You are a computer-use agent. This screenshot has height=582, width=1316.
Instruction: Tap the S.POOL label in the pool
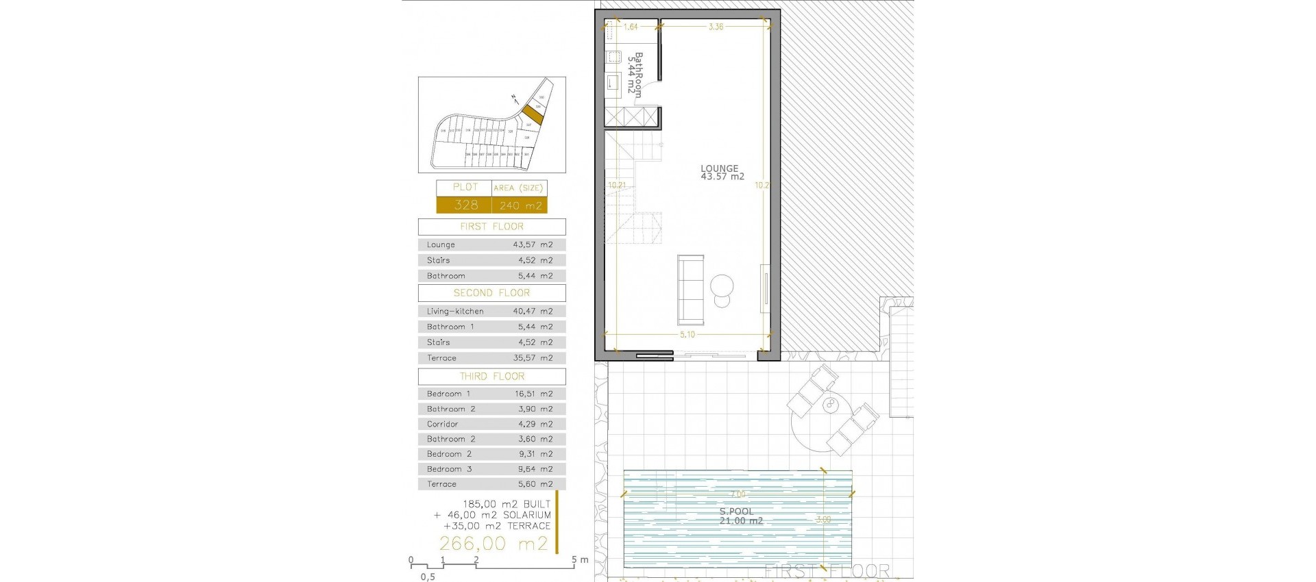click(x=736, y=512)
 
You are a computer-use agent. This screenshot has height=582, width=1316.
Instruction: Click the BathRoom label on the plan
click(x=635, y=75)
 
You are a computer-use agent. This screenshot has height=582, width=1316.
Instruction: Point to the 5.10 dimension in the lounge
click(x=687, y=335)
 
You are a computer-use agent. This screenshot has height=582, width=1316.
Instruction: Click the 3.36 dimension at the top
click(x=716, y=27)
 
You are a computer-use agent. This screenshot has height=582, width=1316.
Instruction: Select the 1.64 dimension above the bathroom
click(x=631, y=27)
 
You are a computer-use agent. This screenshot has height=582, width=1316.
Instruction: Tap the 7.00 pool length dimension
click(x=738, y=494)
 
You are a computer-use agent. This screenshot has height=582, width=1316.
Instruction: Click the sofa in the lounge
click(x=691, y=290)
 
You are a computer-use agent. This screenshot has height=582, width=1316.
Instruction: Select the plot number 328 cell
click(x=465, y=205)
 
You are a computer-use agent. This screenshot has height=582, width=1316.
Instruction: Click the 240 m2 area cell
click(x=520, y=205)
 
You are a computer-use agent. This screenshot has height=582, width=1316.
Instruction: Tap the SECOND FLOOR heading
click(x=491, y=293)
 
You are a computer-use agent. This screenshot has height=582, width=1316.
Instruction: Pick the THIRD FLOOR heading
click(x=491, y=377)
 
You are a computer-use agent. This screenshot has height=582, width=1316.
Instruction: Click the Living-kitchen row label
click(x=454, y=312)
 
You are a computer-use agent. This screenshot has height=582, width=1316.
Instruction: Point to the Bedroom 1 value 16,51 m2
click(x=533, y=394)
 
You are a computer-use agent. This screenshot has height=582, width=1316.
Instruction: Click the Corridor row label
click(x=442, y=424)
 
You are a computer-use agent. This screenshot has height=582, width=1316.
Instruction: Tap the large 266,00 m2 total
click(x=493, y=544)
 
